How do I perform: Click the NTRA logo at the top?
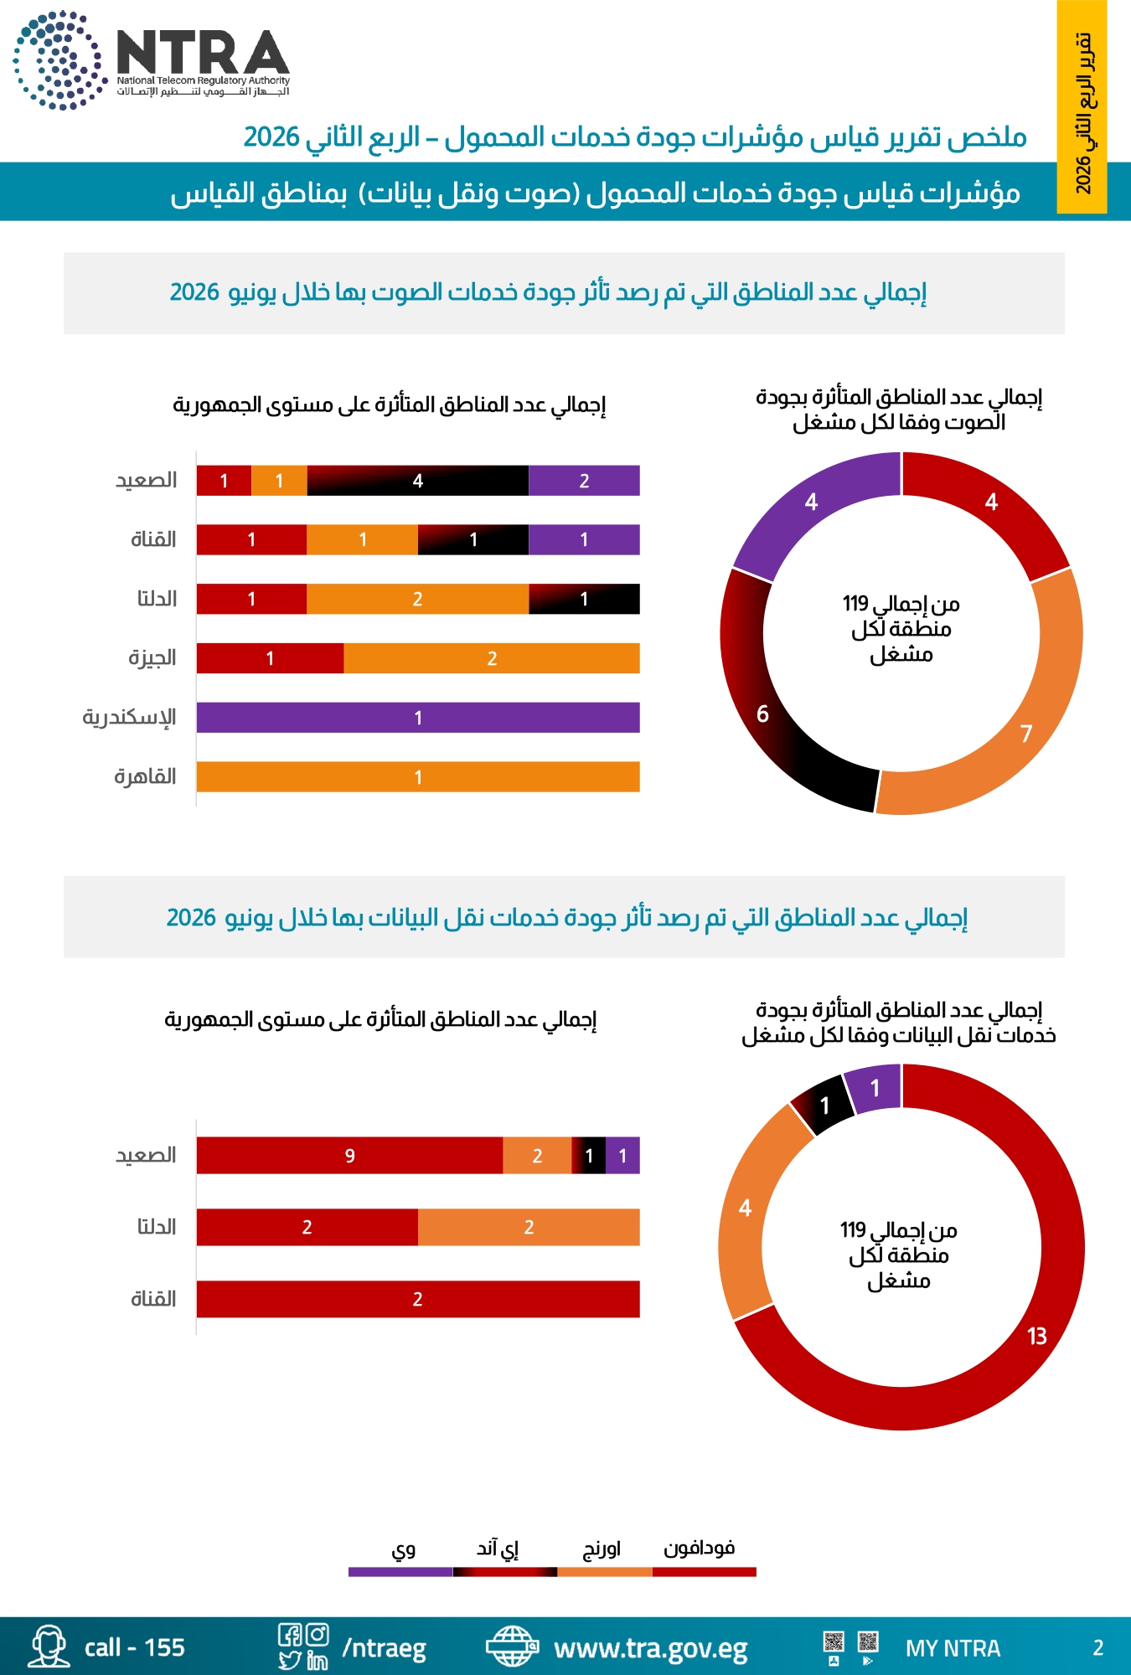[x=152, y=60]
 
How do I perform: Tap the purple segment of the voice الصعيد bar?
[x=584, y=481]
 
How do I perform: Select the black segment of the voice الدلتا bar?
[x=584, y=599]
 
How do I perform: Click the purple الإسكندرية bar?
[x=418, y=718]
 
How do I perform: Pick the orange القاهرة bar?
[x=418, y=776]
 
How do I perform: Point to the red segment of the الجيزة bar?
[x=270, y=658]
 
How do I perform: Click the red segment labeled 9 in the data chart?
[x=349, y=1156]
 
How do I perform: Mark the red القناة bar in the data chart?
[x=418, y=1299]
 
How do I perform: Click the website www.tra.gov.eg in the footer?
[x=651, y=1648]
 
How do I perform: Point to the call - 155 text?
[x=134, y=1647]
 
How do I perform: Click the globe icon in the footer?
[x=511, y=1647]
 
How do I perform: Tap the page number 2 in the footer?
[x=1098, y=1648]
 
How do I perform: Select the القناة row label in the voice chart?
[x=153, y=539]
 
